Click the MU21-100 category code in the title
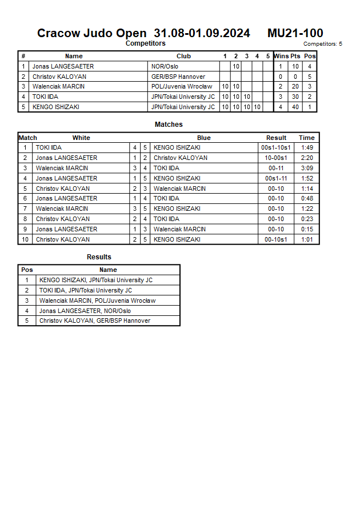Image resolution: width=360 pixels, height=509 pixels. [295, 33]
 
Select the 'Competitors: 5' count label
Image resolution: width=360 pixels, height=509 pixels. [323, 44]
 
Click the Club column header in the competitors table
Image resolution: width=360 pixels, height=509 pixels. [183, 56]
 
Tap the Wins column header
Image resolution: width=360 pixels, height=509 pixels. [281, 56]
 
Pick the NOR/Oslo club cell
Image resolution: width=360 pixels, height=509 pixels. [165, 66]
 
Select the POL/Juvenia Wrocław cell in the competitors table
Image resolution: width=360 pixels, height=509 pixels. [181, 87]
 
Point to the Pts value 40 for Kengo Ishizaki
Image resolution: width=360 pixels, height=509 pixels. [295, 107]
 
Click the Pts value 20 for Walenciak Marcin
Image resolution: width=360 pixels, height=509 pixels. [295, 87]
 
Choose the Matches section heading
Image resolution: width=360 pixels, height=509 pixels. [169, 125]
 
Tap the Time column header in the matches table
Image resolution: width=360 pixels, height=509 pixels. [307, 138]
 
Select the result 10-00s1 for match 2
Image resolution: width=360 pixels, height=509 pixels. [277, 158]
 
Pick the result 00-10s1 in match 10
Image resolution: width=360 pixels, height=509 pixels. [277, 239]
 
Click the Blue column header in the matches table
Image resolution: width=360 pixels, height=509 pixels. [203, 138]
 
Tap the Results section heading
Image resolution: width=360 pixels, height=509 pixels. [99, 257]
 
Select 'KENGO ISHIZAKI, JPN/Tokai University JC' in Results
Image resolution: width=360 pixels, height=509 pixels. [95, 280]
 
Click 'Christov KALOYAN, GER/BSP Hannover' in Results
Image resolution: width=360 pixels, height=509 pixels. [94, 320]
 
